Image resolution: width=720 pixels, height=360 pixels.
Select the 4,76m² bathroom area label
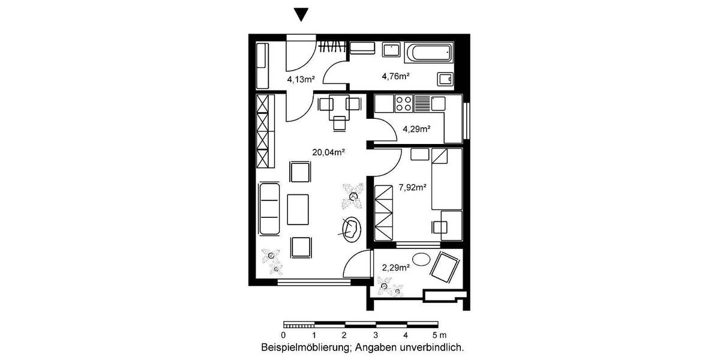[395, 76]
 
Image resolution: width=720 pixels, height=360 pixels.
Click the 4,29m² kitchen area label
[416, 128]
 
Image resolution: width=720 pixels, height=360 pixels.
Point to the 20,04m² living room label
[328, 152]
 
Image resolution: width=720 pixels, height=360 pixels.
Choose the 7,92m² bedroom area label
[413, 187]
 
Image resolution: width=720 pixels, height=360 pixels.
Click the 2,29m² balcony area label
[396, 268]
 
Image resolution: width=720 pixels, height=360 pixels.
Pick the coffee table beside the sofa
[298, 209]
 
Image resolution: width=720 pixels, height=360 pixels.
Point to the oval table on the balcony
[422, 261]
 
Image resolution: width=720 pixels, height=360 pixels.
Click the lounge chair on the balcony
[446, 267]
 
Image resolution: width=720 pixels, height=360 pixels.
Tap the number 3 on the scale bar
[375, 335]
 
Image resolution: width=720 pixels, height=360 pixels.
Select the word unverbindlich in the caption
[437, 347]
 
